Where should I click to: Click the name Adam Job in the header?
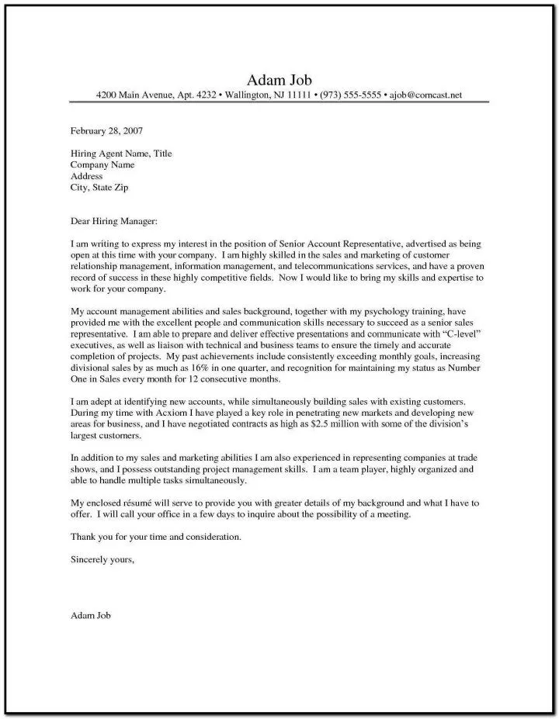(x=279, y=81)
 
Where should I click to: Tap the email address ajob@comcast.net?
(x=426, y=95)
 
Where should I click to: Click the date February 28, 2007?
(x=106, y=130)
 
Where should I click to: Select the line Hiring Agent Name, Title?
(x=120, y=154)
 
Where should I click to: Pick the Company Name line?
(x=102, y=165)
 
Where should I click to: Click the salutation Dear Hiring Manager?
(x=113, y=222)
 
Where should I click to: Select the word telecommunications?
(x=336, y=266)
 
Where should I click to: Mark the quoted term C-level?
(x=454, y=333)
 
